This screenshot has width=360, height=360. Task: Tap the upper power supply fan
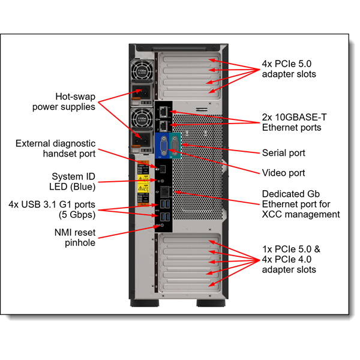[x=142, y=70]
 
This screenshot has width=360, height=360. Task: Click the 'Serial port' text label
[x=283, y=153]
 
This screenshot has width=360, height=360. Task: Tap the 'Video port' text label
[x=283, y=173]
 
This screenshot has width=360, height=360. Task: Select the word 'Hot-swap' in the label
[x=74, y=96]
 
